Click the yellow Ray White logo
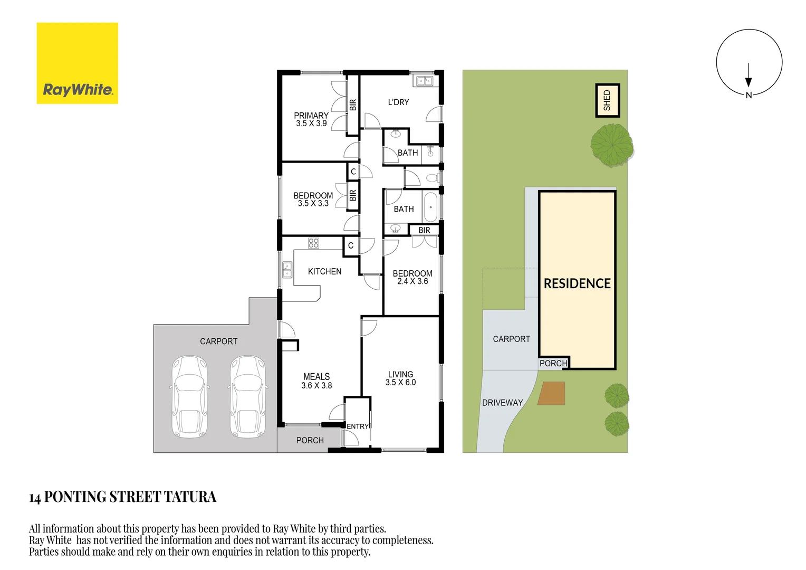(x=78, y=63)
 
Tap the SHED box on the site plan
(x=607, y=100)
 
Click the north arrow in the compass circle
(x=749, y=75)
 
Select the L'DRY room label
(x=398, y=102)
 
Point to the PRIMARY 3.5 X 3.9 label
(x=311, y=120)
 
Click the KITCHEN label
(x=324, y=271)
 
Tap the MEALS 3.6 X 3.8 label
(x=316, y=381)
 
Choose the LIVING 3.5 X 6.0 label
(x=400, y=378)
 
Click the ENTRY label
(x=357, y=426)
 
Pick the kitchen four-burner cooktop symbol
(x=313, y=243)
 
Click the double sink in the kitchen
(x=287, y=270)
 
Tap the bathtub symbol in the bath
(x=430, y=207)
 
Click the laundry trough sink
(x=425, y=81)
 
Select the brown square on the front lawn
(x=551, y=393)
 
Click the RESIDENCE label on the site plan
(x=577, y=284)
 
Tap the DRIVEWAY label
(x=502, y=403)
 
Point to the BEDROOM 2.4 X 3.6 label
(x=412, y=277)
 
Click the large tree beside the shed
(x=612, y=145)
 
